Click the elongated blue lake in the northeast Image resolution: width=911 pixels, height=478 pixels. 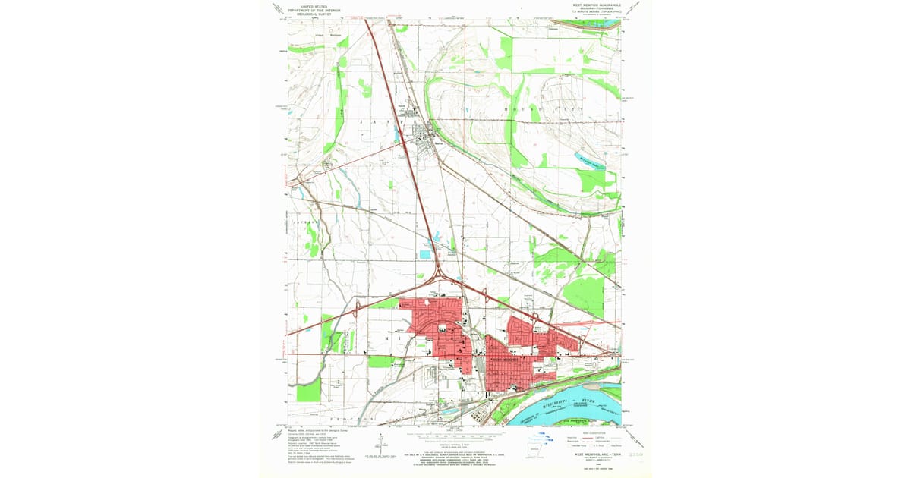585,160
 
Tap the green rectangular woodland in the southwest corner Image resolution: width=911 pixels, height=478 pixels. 309,390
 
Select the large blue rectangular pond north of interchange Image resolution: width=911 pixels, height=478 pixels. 423,254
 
